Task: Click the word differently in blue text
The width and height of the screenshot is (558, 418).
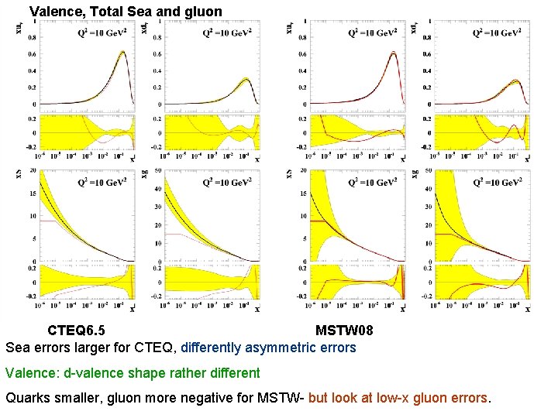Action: (x=215, y=348)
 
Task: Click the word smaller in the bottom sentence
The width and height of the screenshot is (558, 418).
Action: (x=77, y=399)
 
